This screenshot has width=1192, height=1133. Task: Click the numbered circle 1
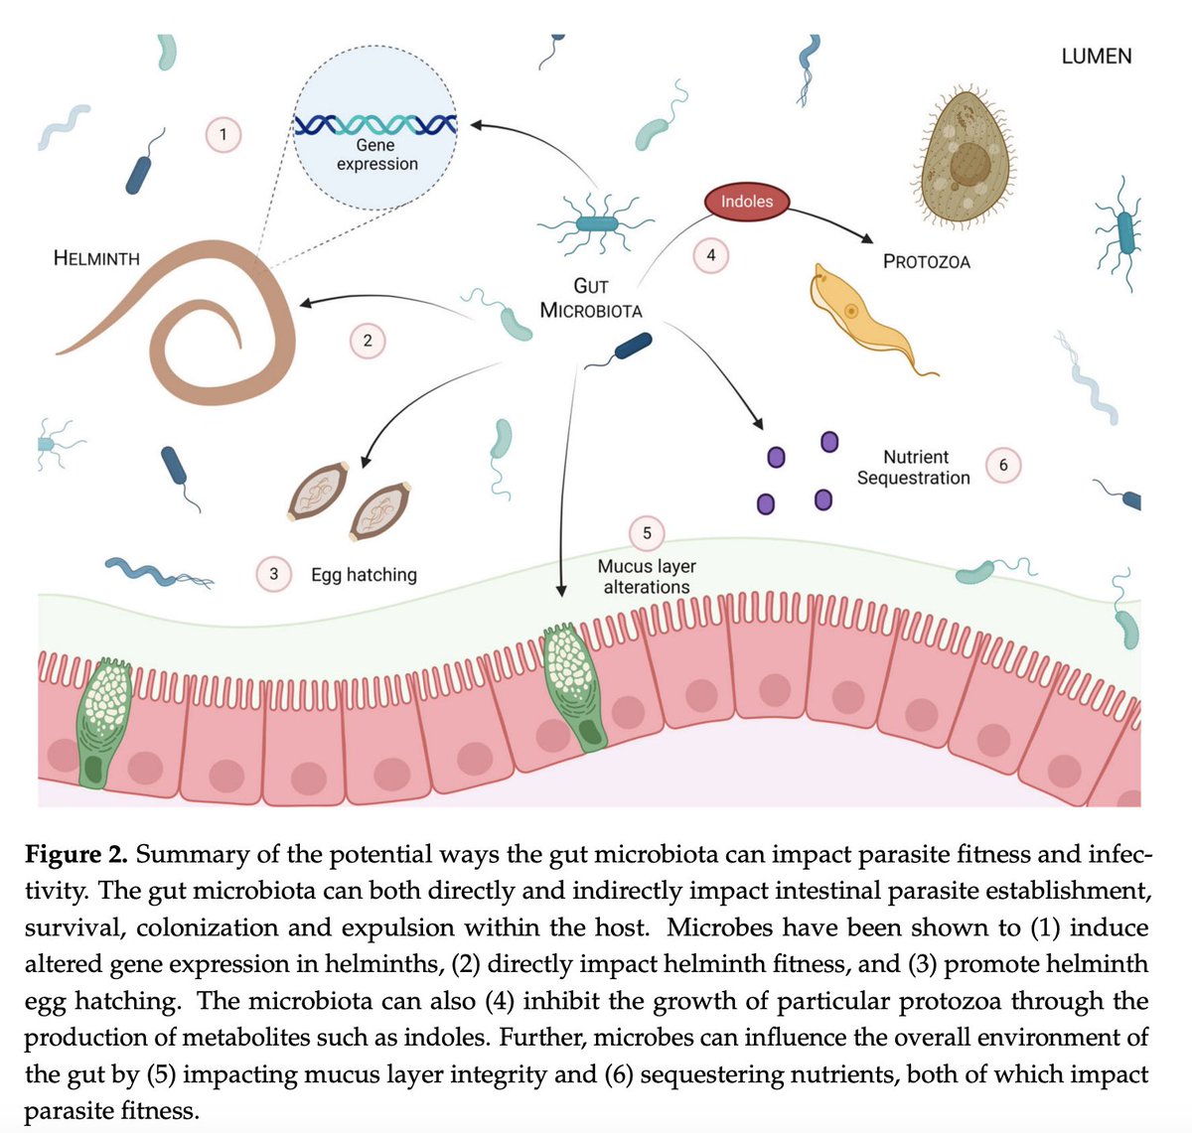click(x=223, y=134)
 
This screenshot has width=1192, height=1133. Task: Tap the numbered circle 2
click(x=368, y=341)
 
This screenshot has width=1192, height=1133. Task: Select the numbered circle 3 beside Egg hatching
click(x=274, y=574)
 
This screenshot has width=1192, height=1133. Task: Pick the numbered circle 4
click(x=710, y=255)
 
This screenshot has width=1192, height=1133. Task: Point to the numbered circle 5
click(x=647, y=533)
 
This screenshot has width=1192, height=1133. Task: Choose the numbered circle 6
click(x=1003, y=465)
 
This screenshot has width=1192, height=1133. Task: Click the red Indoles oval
click(x=746, y=202)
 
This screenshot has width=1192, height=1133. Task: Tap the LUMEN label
click(x=1096, y=57)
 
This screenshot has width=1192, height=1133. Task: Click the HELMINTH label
click(x=96, y=259)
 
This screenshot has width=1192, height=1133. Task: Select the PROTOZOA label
click(x=926, y=262)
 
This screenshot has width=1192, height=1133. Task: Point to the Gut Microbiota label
click(x=591, y=298)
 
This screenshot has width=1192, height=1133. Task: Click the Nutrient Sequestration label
click(x=914, y=468)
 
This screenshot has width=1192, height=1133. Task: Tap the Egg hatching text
click(x=364, y=575)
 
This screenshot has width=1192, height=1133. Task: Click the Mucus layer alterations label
click(x=647, y=577)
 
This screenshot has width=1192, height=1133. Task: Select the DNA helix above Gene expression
click(x=376, y=125)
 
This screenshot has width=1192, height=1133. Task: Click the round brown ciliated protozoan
click(x=962, y=154)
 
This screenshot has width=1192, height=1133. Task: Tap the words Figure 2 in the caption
click(x=76, y=855)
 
